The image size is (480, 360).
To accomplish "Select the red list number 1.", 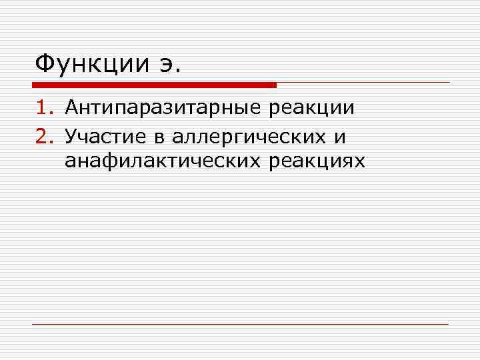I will point(43,108).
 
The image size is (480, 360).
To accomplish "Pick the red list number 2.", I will point(43,137).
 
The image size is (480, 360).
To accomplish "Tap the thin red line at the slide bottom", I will point(240,324).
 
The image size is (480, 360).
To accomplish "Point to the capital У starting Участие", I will point(71,137).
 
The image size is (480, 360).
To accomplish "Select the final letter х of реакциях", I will point(360,163).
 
